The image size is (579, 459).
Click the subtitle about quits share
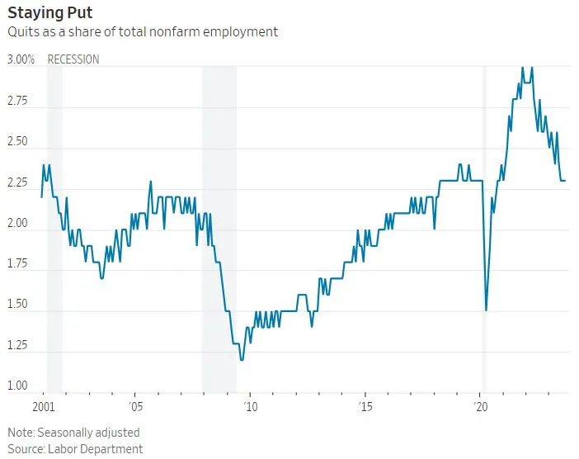point(143,31)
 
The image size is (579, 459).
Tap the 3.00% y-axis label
point(22,59)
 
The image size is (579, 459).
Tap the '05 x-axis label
point(136,407)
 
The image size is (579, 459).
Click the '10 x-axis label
point(251,407)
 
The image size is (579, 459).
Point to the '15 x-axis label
point(365,407)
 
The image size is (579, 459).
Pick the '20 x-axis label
point(480,407)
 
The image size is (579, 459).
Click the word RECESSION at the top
point(73,59)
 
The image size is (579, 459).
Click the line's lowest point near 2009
point(242,360)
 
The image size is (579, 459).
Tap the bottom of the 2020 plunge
point(486,310)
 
